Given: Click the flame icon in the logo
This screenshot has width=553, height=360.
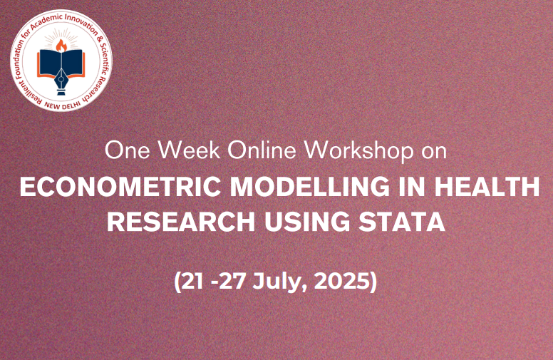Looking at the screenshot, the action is click(61, 45).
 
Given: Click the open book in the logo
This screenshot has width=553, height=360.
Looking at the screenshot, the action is click(61, 63).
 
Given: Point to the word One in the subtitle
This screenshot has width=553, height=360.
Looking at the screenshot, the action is click(128, 150).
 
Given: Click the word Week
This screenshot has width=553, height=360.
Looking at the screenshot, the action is click(189, 150).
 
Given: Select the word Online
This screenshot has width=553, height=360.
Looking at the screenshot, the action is click(262, 150).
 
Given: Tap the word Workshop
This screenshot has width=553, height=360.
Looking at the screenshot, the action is click(359, 150).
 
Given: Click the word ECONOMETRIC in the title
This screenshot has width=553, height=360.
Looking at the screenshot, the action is click(120, 186).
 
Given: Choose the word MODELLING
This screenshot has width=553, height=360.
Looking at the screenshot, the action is click(310, 186).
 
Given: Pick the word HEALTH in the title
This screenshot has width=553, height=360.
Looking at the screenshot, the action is click(487, 186).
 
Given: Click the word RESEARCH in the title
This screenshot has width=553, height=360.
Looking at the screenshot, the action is click(181, 222).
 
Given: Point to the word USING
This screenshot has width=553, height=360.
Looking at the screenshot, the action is click(307, 222).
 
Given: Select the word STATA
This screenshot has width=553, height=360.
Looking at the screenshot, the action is click(402, 222).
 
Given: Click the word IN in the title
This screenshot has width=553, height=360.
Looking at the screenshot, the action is click(412, 186).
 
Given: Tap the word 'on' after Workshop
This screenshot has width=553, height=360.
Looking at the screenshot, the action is click(434, 152).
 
